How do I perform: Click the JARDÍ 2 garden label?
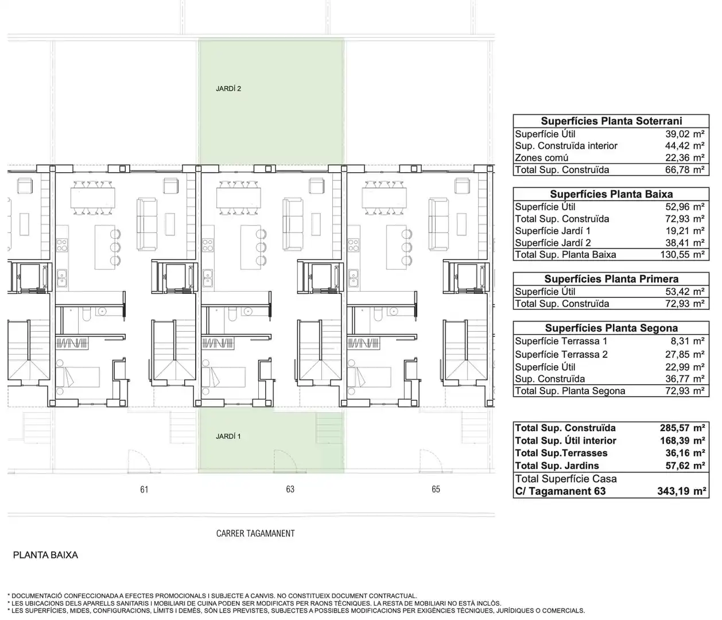228,89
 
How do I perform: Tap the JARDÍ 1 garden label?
228,436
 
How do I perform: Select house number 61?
144,489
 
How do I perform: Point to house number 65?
436,489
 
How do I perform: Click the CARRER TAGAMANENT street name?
255,533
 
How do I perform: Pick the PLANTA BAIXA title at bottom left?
45,555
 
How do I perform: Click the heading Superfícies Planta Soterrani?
611,121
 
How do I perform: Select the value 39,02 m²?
685,134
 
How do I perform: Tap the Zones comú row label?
541,158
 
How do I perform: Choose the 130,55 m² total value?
682,254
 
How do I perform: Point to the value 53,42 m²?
685,292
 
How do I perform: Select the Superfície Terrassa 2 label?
561,354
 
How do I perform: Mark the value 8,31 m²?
688,341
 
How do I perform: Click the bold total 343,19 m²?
682,491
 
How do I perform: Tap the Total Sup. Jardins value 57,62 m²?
685,466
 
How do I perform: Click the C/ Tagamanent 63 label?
560,491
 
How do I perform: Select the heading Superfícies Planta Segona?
611,328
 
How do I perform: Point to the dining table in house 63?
239,198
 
